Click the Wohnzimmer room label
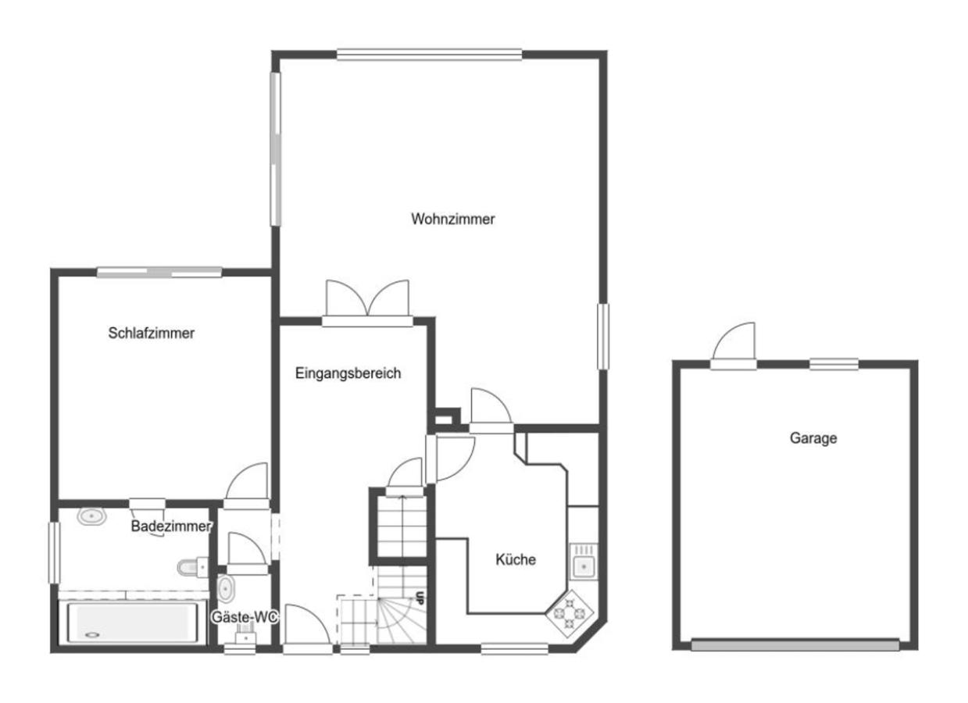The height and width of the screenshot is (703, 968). tap(453, 219)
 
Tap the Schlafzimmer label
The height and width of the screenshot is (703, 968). tap(152, 333)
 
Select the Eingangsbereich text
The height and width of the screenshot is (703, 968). tap(348, 373)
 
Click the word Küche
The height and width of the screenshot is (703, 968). tap(516, 559)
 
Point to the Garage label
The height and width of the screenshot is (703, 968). tap(813, 438)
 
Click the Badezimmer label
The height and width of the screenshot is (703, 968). tap(171, 526)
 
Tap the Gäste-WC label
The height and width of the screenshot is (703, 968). tap(245, 617)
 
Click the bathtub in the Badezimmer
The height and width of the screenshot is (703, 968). tap(133, 623)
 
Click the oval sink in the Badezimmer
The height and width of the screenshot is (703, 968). tap(91, 516)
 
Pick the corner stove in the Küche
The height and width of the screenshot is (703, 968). tap(570, 612)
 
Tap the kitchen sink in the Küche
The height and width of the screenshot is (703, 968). tap(584, 562)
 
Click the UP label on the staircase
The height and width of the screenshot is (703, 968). tap(420, 598)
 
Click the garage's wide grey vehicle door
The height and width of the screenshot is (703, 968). tap(795, 645)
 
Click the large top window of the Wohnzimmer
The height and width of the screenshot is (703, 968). tap(430, 55)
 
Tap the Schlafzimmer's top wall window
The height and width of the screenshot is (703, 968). tap(159, 272)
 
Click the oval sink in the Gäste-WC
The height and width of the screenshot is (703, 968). tap(225, 588)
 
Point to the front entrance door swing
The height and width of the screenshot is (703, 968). tap(307, 624)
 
